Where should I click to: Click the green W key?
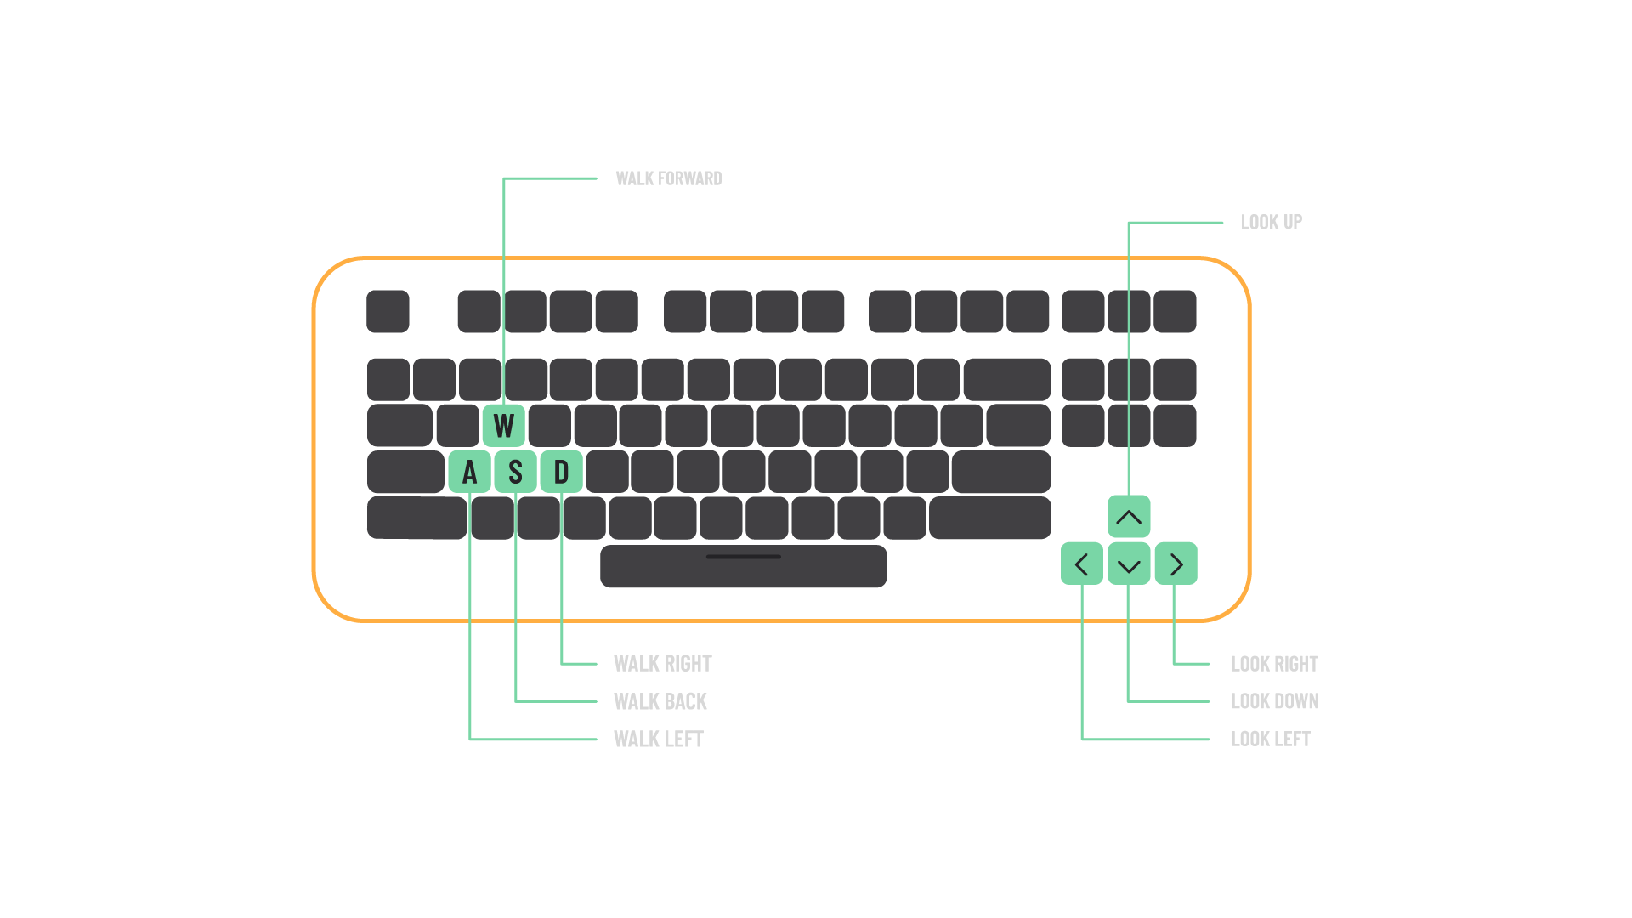click(x=503, y=426)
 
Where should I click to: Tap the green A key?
click(x=469, y=472)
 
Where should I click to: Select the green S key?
click(x=515, y=472)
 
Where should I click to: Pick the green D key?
click(x=561, y=472)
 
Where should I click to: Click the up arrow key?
click(x=1129, y=517)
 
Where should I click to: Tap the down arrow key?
click(x=1129, y=564)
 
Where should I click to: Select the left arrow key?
click(x=1082, y=564)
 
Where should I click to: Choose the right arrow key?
click(x=1176, y=564)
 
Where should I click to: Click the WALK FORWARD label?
click(x=669, y=178)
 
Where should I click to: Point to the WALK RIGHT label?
click(x=663, y=664)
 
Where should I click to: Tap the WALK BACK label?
click(x=660, y=701)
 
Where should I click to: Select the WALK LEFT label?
click(x=659, y=739)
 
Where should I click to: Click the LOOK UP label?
click(x=1272, y=223)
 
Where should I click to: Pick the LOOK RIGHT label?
click(x=1275, y=664)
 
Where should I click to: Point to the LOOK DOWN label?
click(x=1275, y=701)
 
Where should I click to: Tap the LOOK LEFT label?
click(x=1271, y=739)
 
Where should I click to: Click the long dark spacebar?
click(x=744, y=566)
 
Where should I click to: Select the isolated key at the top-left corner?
click(x=388, y=311)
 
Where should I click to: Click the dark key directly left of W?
click(x=457, y=426)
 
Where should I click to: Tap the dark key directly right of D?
click(x=607, y=472)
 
